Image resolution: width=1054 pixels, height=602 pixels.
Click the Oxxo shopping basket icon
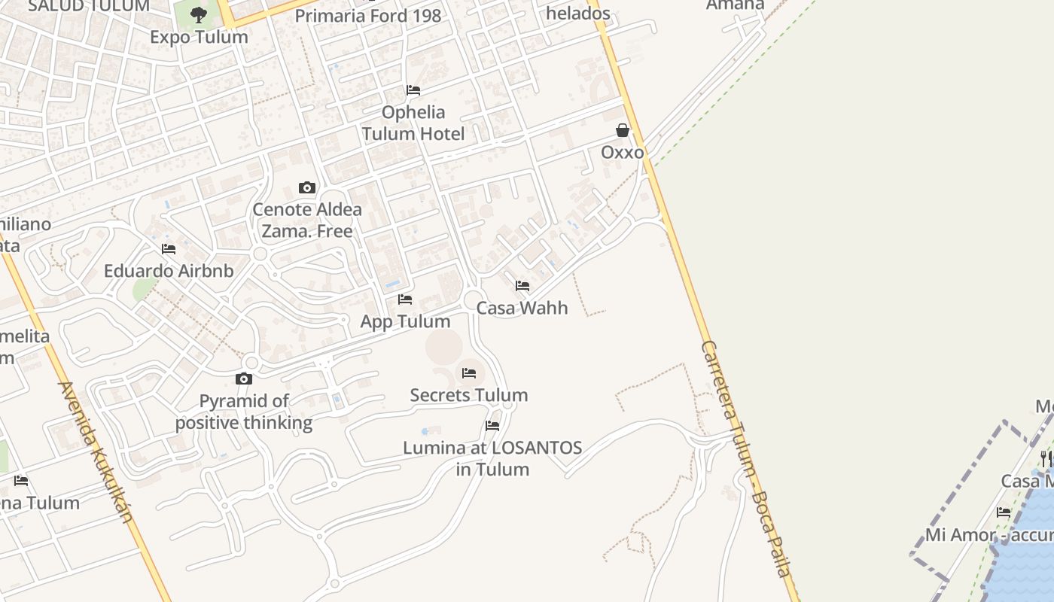pos(623,131)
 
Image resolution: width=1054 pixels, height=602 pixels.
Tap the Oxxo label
pos(623,153)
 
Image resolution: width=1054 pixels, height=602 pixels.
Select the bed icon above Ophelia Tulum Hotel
pos(413,90)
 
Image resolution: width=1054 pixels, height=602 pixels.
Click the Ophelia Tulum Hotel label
pos(413,123)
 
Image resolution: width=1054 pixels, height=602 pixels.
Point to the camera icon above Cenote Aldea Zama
pos(306,187)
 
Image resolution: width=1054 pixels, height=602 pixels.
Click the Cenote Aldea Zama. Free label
pos(307,220)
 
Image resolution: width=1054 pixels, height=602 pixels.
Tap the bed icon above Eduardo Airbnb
pos(169,249)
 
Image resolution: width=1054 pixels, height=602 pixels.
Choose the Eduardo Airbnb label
pos(169,271)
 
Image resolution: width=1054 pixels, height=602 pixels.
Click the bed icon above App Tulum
pos(405,299)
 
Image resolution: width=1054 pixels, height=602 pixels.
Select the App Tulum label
pos(405,321)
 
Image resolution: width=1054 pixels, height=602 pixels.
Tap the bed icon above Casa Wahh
pos(522,286)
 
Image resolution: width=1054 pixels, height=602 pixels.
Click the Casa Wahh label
pos(522,308)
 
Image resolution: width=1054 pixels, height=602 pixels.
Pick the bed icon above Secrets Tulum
pos(469,373)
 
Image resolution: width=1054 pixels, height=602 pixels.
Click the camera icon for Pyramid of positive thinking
pos(243,379)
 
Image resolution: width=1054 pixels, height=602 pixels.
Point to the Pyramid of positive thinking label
pos(244,412)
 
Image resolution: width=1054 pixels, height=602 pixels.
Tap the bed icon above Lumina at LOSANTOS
pos(492,426)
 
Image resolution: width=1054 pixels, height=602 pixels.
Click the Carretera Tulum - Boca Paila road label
pos(745,458)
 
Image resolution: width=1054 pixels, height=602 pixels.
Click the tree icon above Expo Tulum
pos(199,14)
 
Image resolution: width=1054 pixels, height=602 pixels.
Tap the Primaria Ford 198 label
pos(368,16)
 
